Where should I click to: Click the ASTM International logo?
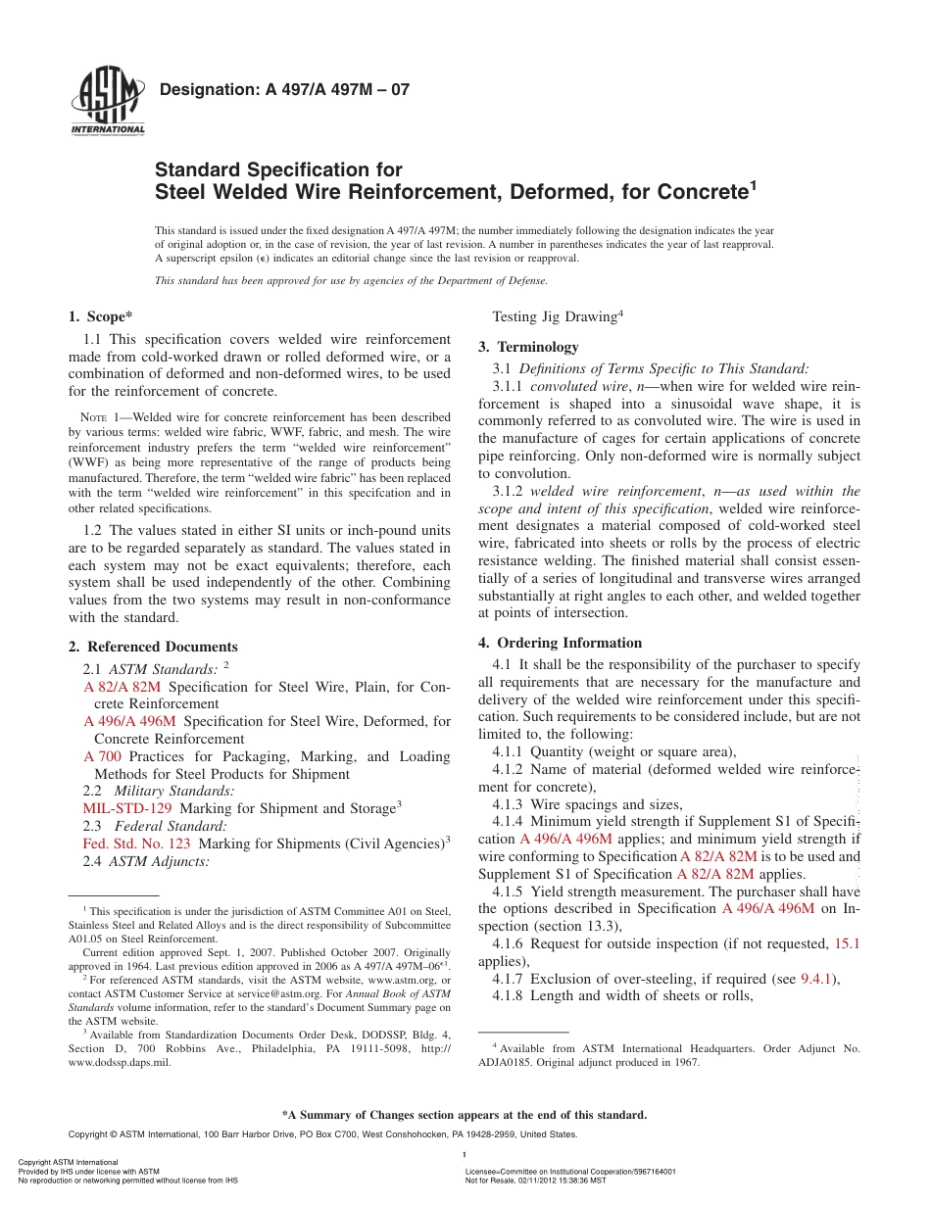(108, 102)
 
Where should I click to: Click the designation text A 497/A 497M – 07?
(283, 90)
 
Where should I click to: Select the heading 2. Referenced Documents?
(153, 647)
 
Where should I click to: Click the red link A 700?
(103, 756)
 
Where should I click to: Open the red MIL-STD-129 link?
(127, 808)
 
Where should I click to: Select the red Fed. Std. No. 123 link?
(137, 843)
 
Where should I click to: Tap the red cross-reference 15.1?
(846, 943)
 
